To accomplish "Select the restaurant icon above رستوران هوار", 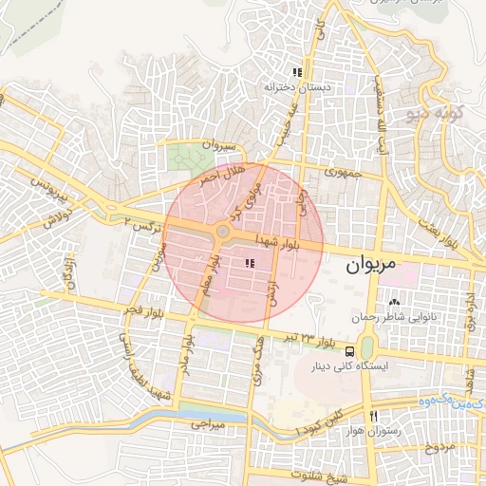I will coord(376,416).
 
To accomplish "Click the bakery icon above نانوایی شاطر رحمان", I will coord(394,302).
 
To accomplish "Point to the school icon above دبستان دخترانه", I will coord(297,72).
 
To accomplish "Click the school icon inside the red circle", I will coord(250,263).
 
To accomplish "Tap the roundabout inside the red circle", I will coord(224,232).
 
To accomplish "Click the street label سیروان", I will coord(216,146).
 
